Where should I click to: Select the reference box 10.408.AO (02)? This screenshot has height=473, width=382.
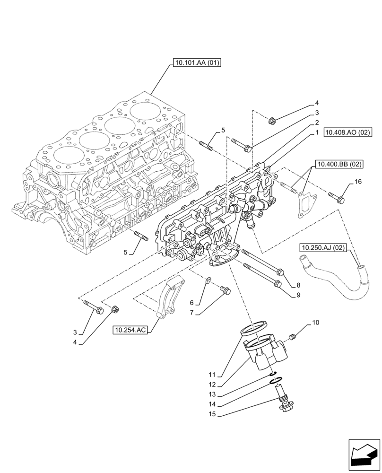point(347,133)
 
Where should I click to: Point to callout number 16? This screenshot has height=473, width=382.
point(357,181)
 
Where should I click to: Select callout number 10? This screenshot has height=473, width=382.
point(315,324)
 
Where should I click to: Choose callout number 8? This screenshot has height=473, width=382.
point(298,285)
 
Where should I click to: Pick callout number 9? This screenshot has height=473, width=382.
point(298,295)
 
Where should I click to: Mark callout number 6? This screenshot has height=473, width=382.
point(192,302)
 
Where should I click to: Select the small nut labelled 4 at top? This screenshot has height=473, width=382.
point(272,122)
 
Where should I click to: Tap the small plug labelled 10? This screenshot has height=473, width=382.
point(292,337)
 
